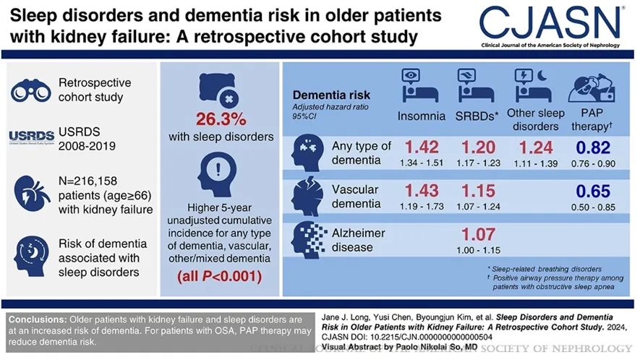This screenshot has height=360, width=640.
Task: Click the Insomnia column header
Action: (x=422, y=116)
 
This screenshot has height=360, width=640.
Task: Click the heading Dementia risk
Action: (x=330, y=95)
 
